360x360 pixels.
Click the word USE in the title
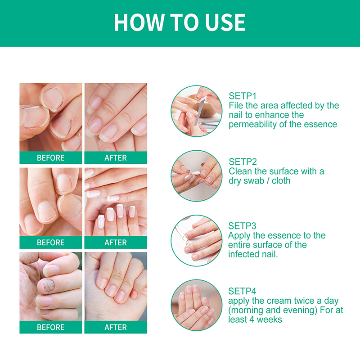pyautogui.click(x=225, y=22)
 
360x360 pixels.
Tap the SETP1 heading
pyautogui.click(x=243, y=96)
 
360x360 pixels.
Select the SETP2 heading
pyautogui.click(x=243, y=162)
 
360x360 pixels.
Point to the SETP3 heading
pyautogui.click(x=242, y=226)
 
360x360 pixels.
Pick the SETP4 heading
pyautogui.click(x=242, y=291)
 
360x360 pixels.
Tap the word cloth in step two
pyautogui.click(x=281, y=181)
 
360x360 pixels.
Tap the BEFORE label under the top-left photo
pyautogui.click(x=51, y=158)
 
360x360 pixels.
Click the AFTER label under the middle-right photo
pyautogui.click(x=116, y=243)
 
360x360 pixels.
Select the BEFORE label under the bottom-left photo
pyautogui.click(x=51, y=327)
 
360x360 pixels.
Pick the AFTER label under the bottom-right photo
pyautogui.click(x=116, y=327)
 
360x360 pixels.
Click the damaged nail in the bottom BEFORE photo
pyautogui.click(x=49, y=286)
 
